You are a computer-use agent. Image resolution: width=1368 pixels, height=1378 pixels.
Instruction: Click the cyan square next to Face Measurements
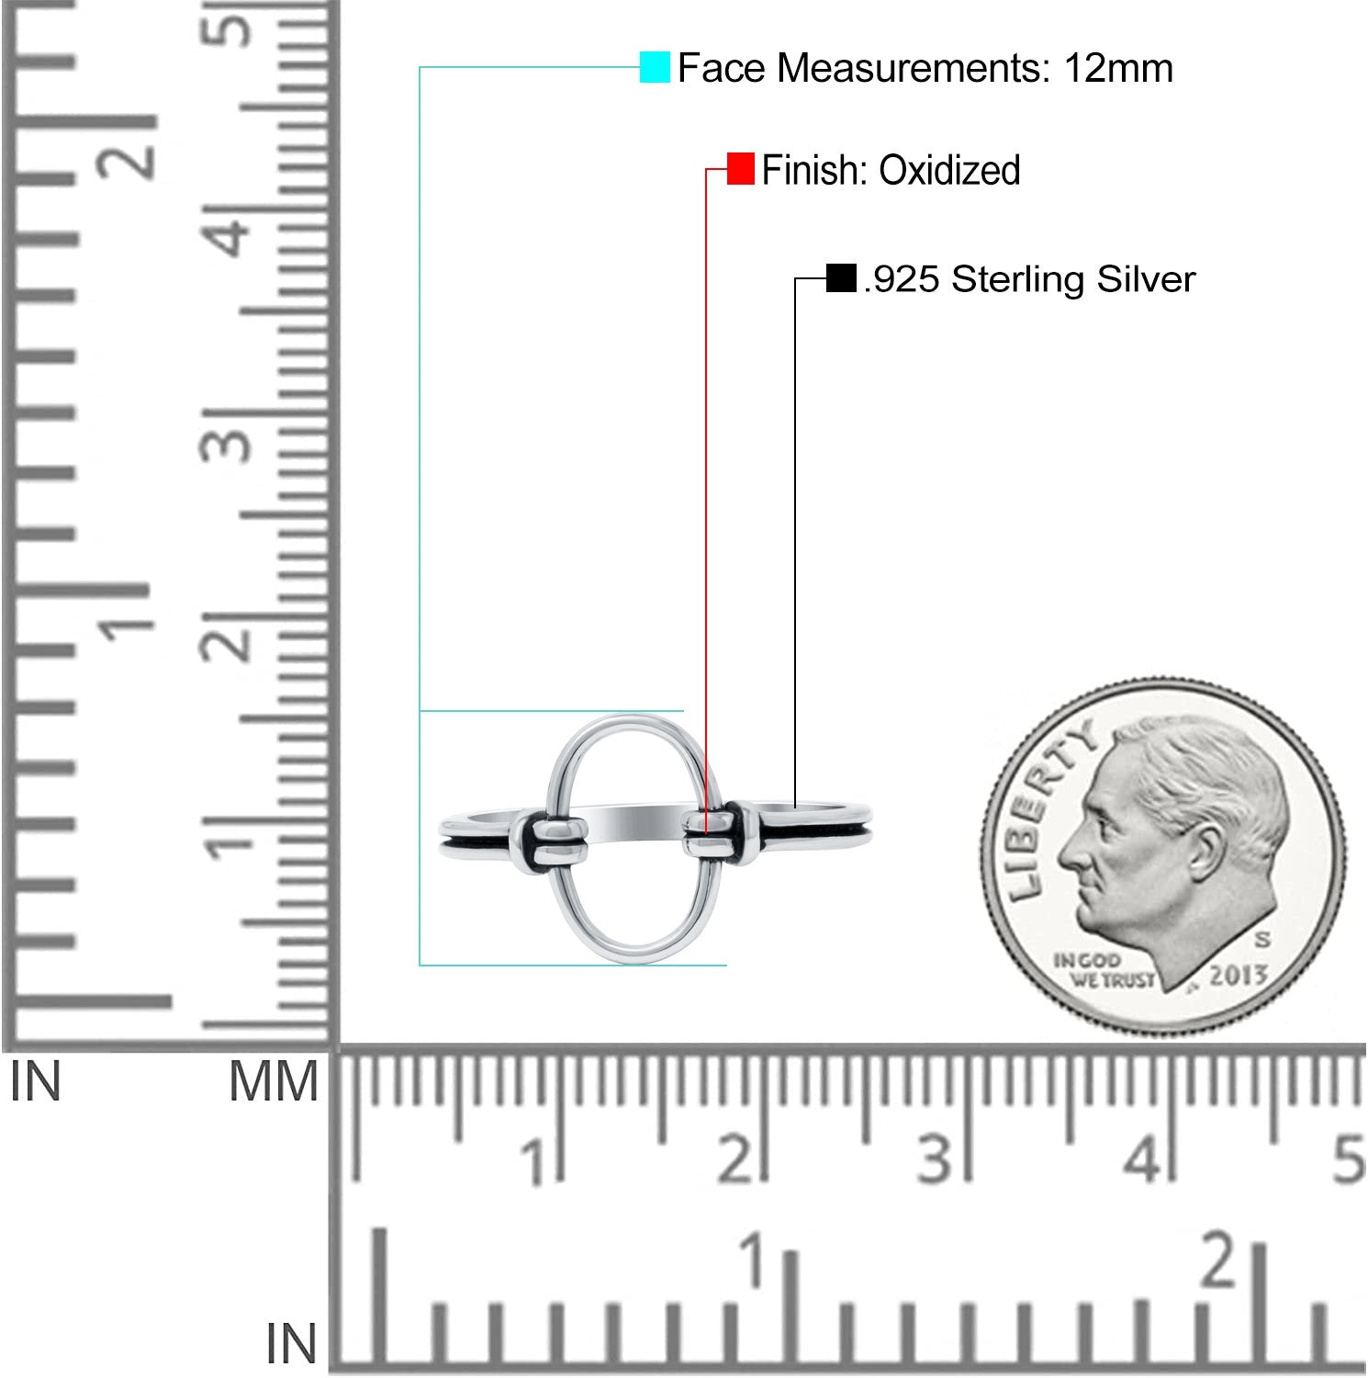click(x=655, y=67)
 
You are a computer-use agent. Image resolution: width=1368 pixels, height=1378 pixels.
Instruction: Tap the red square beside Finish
click(x=740, y=169)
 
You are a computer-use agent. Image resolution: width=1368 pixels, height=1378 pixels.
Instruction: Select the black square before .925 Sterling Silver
click(x=841, y=277)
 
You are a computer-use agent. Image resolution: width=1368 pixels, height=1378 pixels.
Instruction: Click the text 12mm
click(x=1118, y=68)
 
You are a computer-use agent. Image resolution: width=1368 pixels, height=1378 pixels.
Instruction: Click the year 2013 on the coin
click(x=1238, y=975)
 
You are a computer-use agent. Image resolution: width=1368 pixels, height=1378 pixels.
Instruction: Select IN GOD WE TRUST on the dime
click(x=1102, y=970)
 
